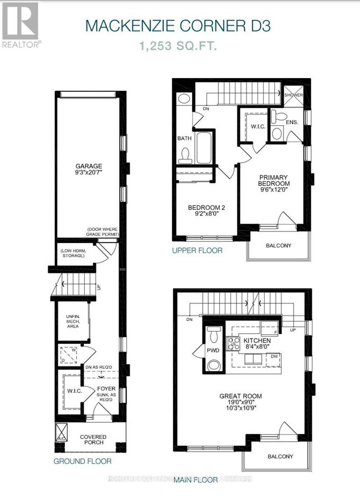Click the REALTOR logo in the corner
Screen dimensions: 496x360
click(20, 25)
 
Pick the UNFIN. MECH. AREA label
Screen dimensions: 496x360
click(73, 321)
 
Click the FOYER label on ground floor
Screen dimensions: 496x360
click(106, 389)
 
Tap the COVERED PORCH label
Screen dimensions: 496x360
click(93, 441)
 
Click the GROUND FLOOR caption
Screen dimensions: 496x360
click(82, 461)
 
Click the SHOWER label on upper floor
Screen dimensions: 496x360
click(294, 95)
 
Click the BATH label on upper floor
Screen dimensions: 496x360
click(184, 139)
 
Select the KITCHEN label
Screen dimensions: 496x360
click(258, 340)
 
